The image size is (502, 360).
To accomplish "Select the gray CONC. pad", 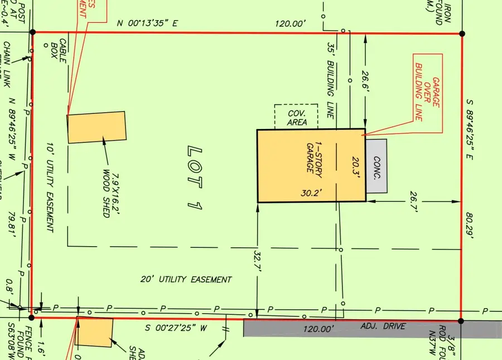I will pyautogui.click(x=376, y=166).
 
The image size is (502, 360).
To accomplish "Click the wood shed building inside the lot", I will pyautogui.click(x=96, y=127).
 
